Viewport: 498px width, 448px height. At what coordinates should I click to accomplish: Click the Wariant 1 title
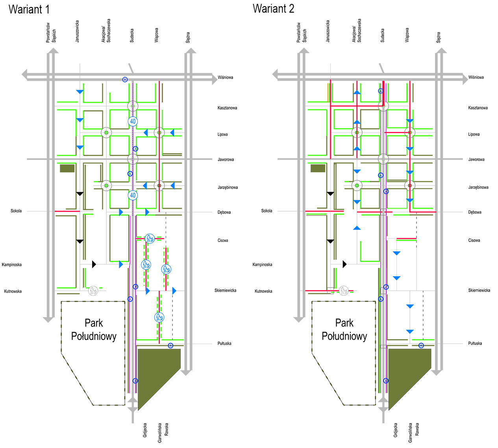coord(29,9)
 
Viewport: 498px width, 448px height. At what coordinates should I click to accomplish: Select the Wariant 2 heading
coord(274,9)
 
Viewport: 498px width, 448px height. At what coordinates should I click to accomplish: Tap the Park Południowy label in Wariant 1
coord(94,329)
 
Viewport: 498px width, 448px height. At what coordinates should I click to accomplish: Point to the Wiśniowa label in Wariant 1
coord(226,78)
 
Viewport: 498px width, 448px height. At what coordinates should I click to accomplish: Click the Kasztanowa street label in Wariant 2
coord(478,108)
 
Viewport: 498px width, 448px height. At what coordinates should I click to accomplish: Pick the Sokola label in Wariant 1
coord(16,211)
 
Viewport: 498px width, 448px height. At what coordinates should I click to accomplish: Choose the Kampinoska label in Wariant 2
coord(262,265)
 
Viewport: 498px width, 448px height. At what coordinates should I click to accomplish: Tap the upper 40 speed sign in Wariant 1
coord(133,121)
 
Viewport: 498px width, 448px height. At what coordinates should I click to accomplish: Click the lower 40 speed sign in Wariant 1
coord(133,195)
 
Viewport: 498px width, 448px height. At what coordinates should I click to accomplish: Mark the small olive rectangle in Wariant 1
coord(67,168)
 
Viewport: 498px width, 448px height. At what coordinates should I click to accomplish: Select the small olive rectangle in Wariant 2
coord(318,168)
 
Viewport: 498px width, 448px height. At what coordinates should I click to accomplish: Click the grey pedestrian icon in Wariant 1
coord(93,291)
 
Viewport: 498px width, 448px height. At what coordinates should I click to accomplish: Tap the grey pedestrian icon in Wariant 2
coord(344,291)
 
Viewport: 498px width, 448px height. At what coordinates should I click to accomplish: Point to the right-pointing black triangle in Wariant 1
coord(94,264)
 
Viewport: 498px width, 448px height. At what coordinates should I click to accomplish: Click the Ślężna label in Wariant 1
coord(188,37)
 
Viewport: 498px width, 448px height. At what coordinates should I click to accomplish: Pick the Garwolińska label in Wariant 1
coord(160,433)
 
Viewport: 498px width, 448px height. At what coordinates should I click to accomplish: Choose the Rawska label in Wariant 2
coord(417,429)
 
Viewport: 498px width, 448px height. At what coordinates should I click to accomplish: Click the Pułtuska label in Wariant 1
coord(224,344)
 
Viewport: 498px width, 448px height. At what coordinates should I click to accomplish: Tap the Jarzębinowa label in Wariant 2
coord(478,188)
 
